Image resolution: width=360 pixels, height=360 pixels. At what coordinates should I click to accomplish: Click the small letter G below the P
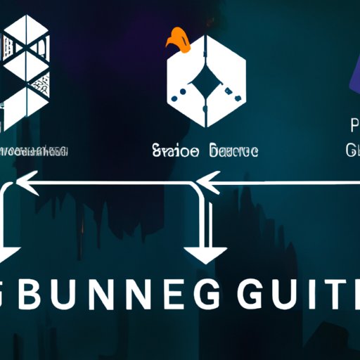coord(352,150)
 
